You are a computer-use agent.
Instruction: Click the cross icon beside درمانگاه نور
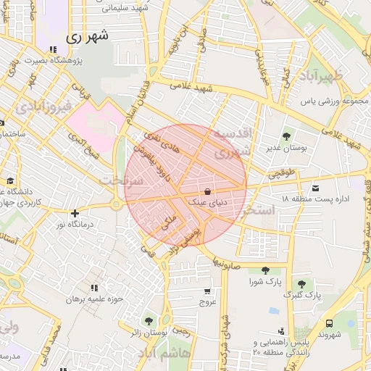click(75, 213)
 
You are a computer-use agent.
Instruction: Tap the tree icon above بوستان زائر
click(149, 320)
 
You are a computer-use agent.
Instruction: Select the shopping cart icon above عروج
click(208, 291)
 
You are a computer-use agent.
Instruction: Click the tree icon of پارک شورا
click(265, 270)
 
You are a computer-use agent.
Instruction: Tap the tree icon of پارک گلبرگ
click(301, 284)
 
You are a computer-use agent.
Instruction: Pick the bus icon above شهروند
click(329, 323)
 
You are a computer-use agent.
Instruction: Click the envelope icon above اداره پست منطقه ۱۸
click(314, 188)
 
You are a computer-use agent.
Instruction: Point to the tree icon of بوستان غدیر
click(287, 136)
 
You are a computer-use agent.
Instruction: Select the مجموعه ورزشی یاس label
click(335, 101)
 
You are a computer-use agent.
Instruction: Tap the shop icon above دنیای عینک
click(208, 192)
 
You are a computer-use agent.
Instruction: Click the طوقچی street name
click(282, 173)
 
